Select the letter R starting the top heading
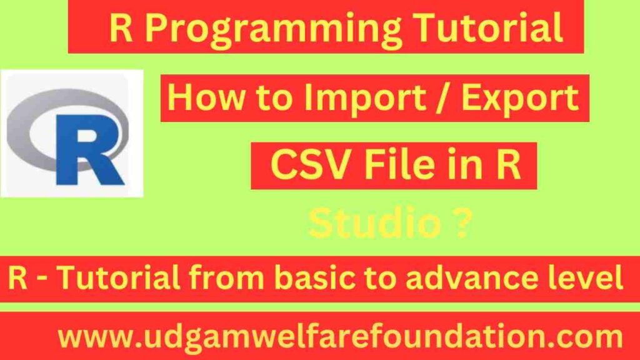pos(121,29)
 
